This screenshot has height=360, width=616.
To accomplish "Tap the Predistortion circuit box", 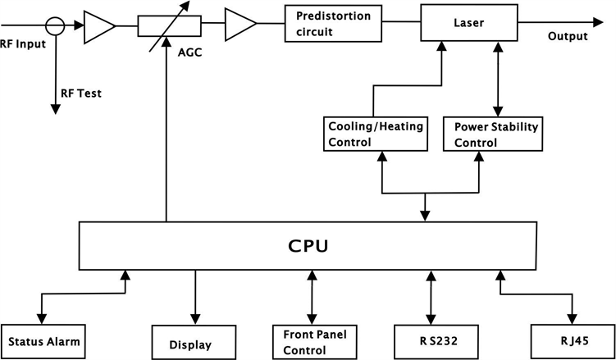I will click(333, 22).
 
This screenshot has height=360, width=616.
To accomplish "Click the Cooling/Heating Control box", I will click(374, 134).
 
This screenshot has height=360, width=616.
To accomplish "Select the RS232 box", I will click(431, 340).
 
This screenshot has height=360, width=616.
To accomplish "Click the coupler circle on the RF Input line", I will click(56, 25).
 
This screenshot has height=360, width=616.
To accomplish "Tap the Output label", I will click(568, 37).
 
